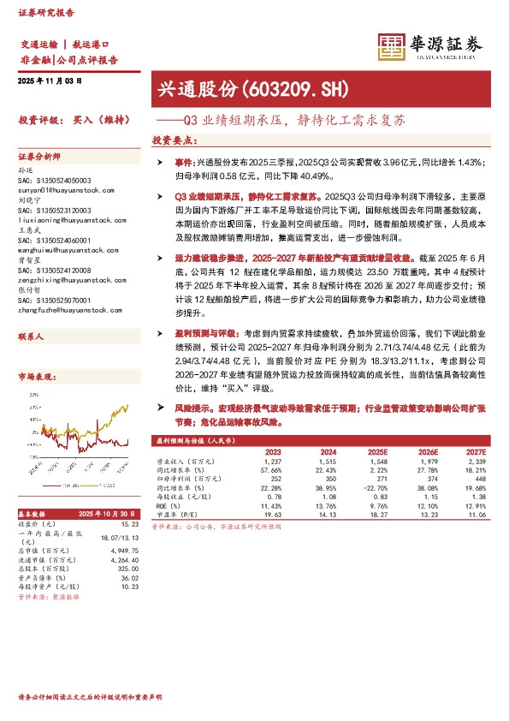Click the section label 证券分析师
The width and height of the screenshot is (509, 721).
point(39,157)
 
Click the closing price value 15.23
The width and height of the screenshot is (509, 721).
point(129,524)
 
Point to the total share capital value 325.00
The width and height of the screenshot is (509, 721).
point(128,568)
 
